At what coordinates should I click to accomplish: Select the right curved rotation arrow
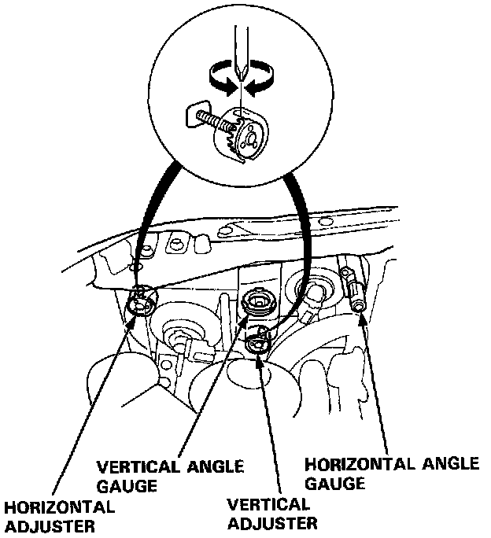tap(264, 79)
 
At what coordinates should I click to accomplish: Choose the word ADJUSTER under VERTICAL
tap(272, 522)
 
